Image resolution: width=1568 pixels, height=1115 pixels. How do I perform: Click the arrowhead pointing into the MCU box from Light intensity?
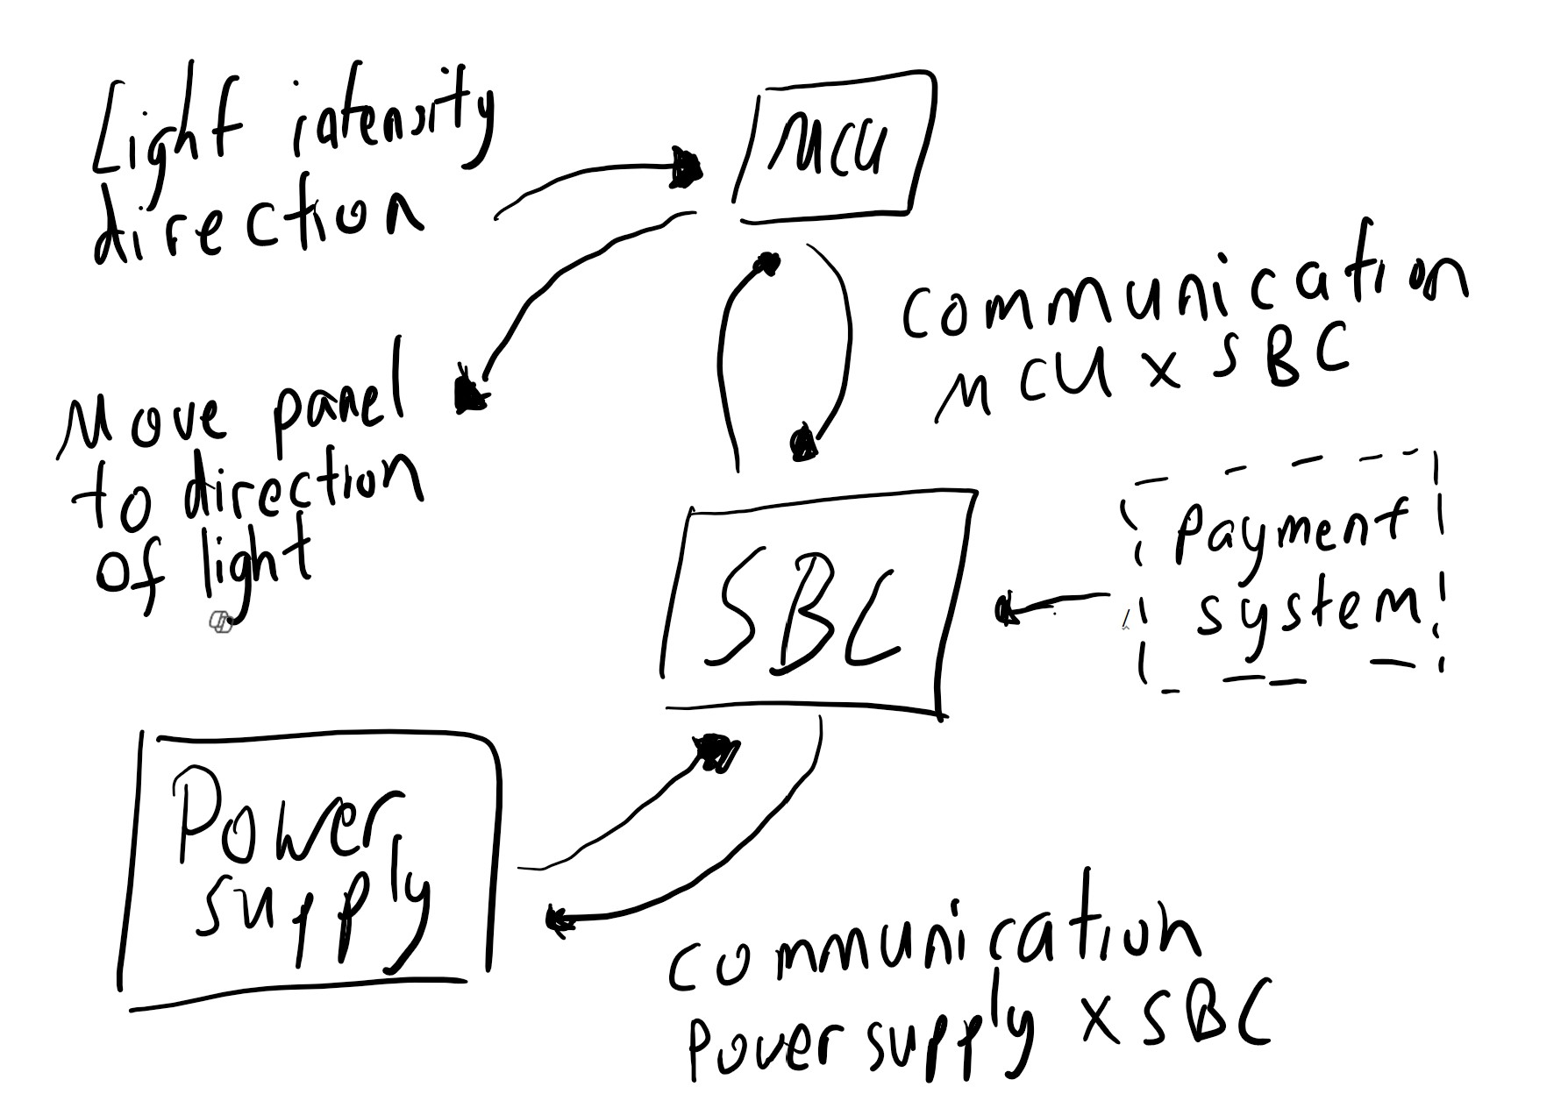pos(686,167)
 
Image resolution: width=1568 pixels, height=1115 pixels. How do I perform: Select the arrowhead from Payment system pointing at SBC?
pos(1009,609)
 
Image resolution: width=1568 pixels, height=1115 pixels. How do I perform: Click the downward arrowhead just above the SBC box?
pos(802,443)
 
